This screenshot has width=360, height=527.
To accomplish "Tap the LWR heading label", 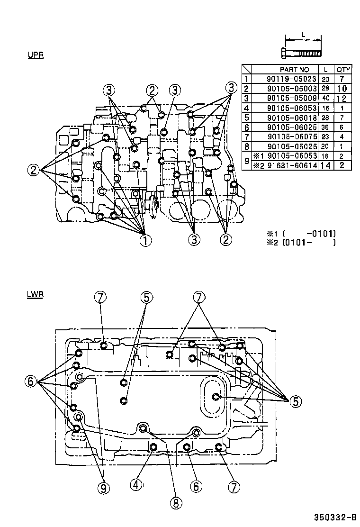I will [36, 294].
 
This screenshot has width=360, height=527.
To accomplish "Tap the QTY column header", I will [343, 69].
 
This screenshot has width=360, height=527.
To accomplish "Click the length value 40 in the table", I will [325, 99].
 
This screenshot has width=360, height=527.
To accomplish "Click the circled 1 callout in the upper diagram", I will [145, 240].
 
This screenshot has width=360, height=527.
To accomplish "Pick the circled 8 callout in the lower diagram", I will [175, 503].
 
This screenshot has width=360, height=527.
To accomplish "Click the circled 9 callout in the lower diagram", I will [103, 487].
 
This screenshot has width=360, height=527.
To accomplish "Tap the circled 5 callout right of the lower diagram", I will [295, 401].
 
